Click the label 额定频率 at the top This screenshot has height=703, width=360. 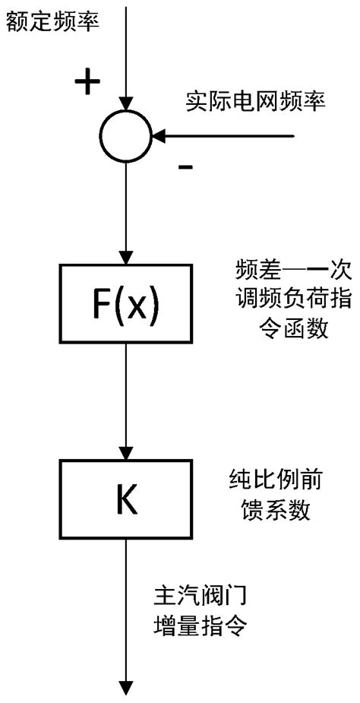[x=50, y=22]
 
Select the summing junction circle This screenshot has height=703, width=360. [x=128, y=137]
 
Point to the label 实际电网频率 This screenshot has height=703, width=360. [x=256, y=102]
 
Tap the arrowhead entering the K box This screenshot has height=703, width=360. [x=128, y=451]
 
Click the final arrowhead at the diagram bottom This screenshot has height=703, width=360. [x=128, y=686]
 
